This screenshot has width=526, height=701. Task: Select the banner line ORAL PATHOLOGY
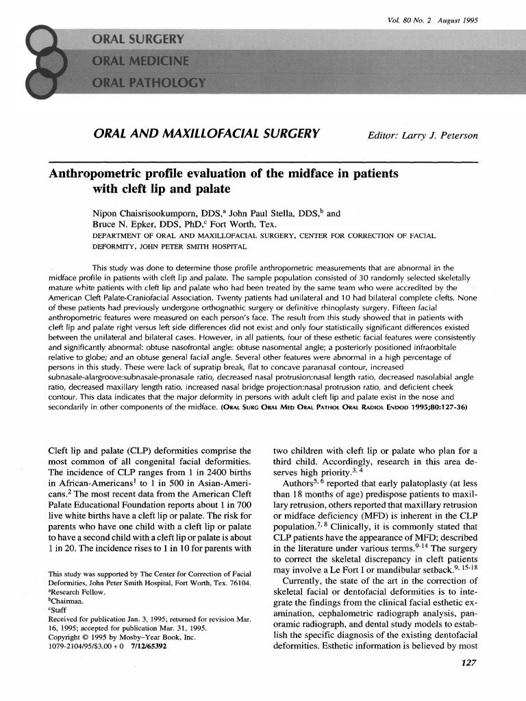[x=149, y=84]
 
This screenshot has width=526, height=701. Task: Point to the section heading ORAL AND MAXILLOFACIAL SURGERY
[x=207, y=134]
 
